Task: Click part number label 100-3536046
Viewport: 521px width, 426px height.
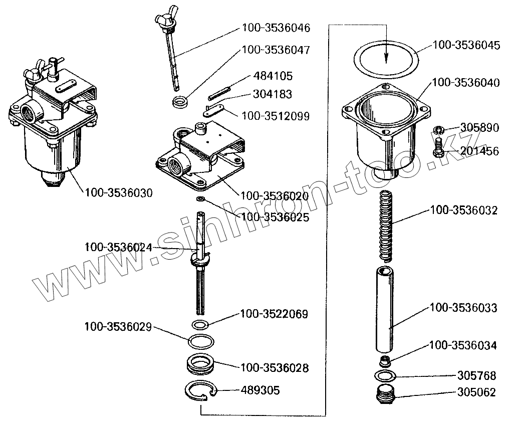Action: (276, 28)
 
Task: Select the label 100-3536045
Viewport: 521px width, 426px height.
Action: (466, 45)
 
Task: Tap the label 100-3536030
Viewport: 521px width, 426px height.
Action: (119, 192)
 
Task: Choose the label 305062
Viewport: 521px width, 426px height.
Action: (476, 392)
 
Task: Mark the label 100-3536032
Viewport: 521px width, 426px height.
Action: (463, 210)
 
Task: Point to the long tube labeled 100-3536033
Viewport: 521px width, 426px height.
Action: (386, 311)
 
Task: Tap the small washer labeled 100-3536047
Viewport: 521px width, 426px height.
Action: (180, 103)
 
